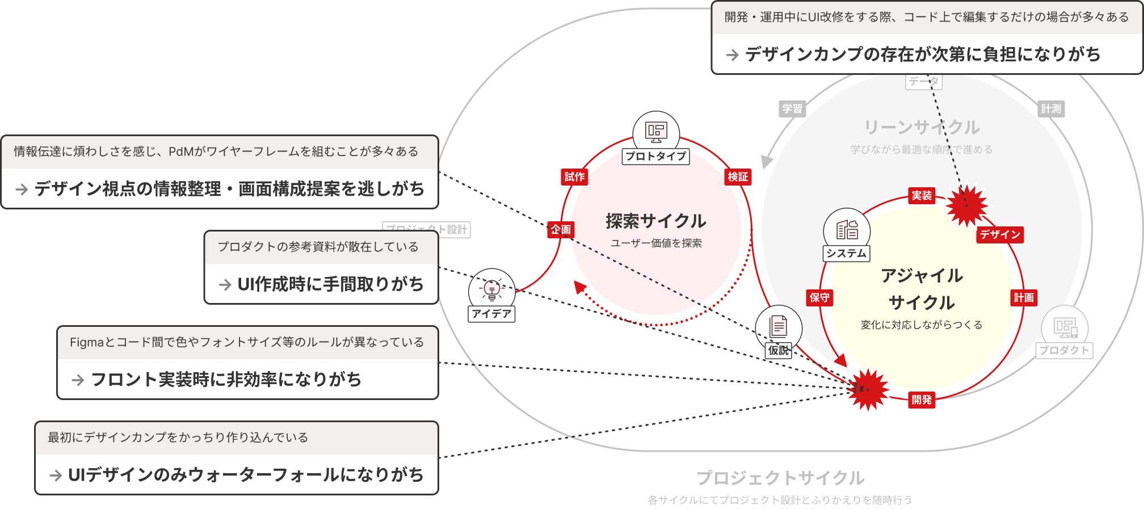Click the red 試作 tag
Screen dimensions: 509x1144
click(574, 177)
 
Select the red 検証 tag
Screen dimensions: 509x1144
click(738, 177)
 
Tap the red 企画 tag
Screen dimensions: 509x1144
click(561, 229)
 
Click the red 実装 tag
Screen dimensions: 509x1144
click(922, 196)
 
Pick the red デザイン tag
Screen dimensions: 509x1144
click(1000, 235)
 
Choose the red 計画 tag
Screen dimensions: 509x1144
click(1024, 298)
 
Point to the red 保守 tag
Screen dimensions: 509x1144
click(819, 298)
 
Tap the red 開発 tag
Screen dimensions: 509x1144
click(922, 399)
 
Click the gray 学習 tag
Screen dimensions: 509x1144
click(792, 109)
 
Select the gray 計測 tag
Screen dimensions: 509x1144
click(1051, 109)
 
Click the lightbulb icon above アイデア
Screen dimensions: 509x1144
click(491, 289)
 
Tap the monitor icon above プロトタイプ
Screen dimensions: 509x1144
click(656, 132)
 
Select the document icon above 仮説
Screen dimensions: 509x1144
click(779, 326)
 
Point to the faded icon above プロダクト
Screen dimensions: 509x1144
click(1065, 327)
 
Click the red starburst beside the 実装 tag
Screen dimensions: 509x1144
click(967, 205)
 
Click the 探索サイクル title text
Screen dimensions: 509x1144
click(656, 221)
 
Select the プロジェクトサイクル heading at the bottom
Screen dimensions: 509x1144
click(780, 478)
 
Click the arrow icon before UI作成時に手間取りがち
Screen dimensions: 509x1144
click(225, 285)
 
